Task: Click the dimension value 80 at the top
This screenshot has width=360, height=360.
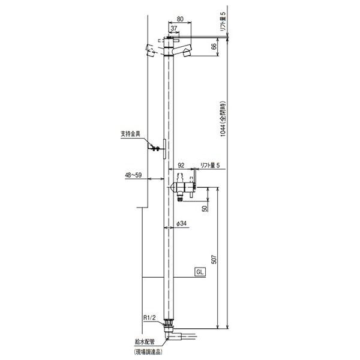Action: coord(180,19)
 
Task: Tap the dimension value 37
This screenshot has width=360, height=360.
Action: coord(174,28)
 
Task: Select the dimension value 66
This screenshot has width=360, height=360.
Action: coord(214,47)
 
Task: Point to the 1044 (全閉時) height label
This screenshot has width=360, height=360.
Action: coord(223,119)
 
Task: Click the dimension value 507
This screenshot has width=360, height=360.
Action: coord(214,259)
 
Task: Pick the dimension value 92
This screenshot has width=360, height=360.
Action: coord(181,165)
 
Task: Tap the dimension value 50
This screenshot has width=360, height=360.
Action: coord(205,208)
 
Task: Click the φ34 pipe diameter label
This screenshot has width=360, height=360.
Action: coord(181,224)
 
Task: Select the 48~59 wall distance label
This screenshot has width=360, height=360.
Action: coord(133,175)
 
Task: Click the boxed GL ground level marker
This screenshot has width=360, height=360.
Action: coord(200,272)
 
